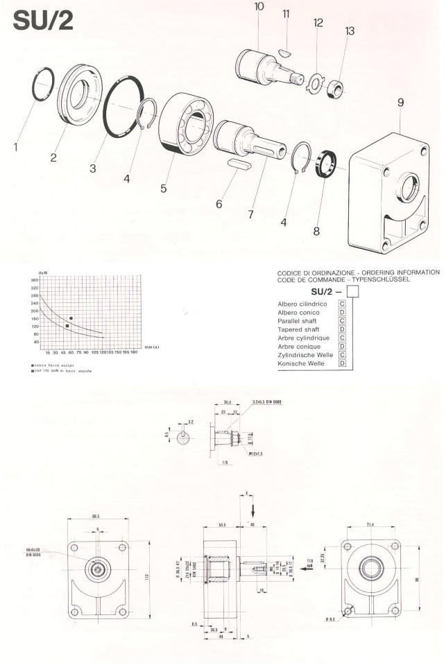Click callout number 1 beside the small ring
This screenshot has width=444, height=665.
[x=16, y=146]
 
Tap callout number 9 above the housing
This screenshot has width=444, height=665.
[x=400, y=103]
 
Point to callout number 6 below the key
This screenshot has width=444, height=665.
[x=219, y=205]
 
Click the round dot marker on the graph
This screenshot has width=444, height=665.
[x=71, y=318]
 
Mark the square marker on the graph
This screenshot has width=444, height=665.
[x=67, y=326]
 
